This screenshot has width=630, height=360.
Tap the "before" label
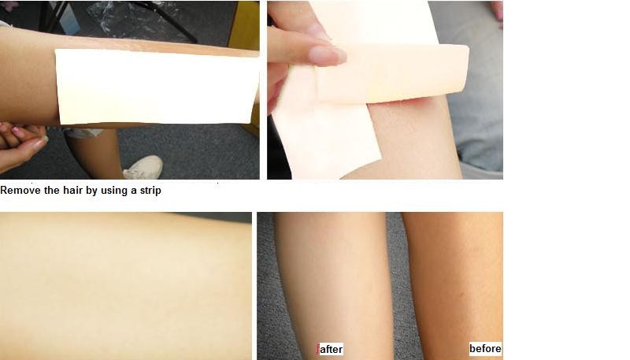(x=485, y=349)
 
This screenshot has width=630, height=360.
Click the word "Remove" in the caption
(x=21, y=191)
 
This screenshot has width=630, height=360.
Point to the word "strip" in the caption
(x=147, y=191)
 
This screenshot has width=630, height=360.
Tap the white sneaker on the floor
(x=143, y=168)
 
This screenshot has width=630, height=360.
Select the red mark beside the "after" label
(x=318, y=349)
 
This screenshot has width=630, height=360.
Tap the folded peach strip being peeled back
(x=394, y=72)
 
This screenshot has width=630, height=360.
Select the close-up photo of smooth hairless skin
(x=126, y=284)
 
